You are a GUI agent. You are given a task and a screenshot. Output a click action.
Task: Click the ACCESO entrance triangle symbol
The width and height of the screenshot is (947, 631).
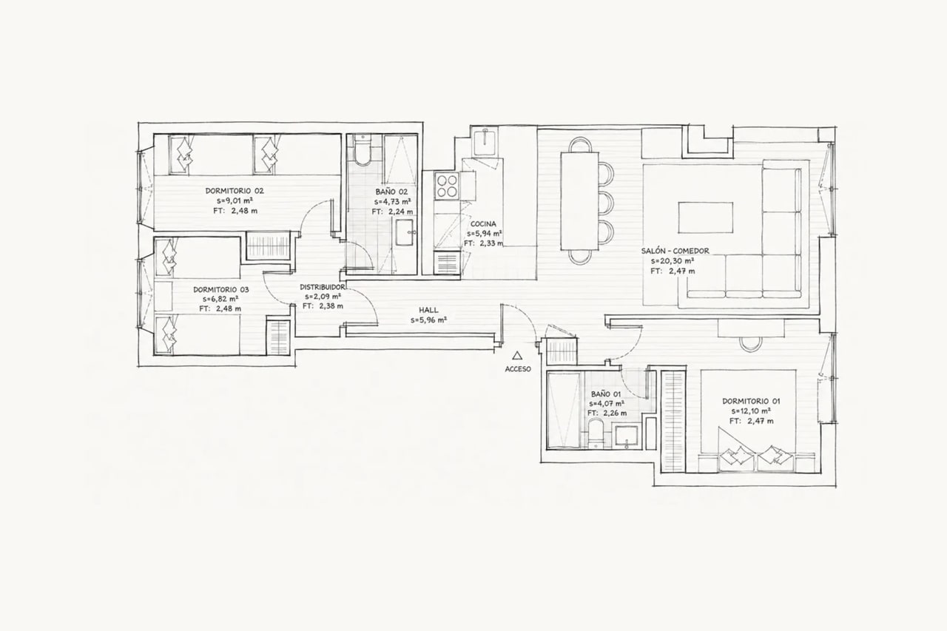517,355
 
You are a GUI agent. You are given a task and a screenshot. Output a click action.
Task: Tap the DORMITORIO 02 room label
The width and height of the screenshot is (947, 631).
235,191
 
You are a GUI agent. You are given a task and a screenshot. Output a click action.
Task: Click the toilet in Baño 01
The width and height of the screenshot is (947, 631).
596,433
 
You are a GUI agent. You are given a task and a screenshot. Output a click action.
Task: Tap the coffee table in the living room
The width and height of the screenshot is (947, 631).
706,217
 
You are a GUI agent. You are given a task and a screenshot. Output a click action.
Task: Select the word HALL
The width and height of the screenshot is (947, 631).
428,310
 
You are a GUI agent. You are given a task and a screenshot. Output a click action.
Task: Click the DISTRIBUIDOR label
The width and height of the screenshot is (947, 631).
322,287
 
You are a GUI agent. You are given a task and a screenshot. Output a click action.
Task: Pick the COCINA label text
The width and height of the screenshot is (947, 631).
483,224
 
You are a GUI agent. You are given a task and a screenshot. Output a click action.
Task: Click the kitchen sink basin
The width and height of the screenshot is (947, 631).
485,143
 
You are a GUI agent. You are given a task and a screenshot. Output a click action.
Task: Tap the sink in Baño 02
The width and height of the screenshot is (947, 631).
405,232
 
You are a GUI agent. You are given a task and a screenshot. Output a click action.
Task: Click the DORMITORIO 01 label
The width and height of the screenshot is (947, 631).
751,401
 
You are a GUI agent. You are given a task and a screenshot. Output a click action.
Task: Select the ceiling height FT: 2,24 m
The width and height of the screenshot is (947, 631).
392,212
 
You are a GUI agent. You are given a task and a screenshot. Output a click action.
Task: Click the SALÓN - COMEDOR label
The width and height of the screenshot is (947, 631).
675,251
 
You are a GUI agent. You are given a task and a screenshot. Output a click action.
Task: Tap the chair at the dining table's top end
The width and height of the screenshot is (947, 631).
579,145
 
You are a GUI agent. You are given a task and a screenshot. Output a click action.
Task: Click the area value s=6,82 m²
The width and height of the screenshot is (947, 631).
220,299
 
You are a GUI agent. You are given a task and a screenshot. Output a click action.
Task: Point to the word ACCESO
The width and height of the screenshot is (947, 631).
518,369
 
